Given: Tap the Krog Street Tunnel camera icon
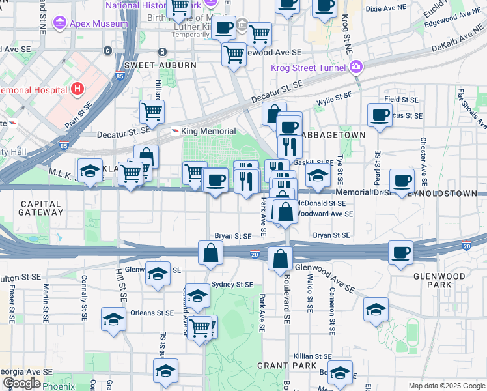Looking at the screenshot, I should (x=355, y=66).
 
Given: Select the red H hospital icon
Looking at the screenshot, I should (x=77, y=89).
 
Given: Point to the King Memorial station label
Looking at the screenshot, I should (x=208, y=131).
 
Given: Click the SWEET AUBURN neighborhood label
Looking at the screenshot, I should (x=160, y=65).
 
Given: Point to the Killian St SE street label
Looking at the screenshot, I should (x=313, y=357).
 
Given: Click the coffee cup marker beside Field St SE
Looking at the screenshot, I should (x=379, y=115).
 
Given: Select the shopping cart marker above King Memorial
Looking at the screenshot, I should (x=152, y=111).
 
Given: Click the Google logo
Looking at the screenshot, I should (x=21, y=383).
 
